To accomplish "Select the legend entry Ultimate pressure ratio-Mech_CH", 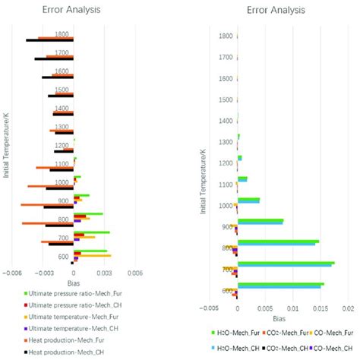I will point(68,305).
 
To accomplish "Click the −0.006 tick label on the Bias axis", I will point(14,273).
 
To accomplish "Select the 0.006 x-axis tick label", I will point(134,273).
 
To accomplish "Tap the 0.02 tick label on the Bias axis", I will point(348,308).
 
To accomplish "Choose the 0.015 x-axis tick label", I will point(321,308).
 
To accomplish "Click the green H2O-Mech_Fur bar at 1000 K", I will point(248,200).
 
